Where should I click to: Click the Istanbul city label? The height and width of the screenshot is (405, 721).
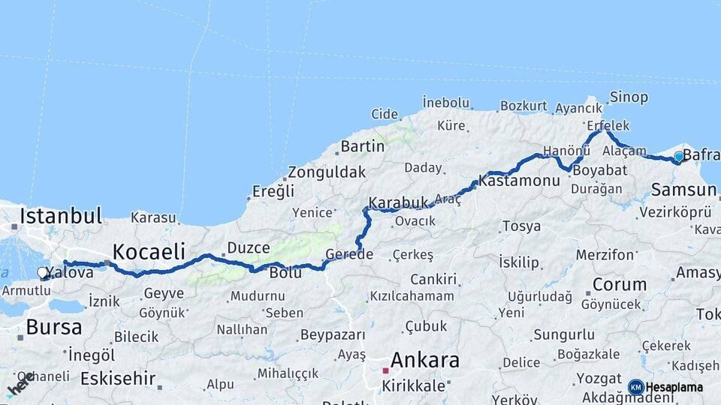coord(61,216)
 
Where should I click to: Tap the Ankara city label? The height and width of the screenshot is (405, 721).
coord(424,360)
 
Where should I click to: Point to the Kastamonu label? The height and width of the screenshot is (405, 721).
coord(519,181)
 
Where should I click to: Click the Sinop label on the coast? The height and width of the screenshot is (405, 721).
coord(628,97)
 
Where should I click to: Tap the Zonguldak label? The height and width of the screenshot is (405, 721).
coord(327,172)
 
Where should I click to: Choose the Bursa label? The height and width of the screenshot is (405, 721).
coord(53,327)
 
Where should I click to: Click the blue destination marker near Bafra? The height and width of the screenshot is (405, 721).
coord(679,157)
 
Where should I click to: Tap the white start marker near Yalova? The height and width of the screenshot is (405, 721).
coord(43,274)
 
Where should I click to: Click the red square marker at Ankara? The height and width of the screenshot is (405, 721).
coord(385,370)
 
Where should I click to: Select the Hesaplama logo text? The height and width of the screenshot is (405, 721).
coord(674,387)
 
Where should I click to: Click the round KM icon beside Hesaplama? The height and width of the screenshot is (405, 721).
coord(635,387)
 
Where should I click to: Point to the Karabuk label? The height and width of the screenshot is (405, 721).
coord(398,202)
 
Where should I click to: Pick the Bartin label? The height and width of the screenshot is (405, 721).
coord(363,145)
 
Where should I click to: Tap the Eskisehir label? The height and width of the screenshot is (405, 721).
coord(118,378)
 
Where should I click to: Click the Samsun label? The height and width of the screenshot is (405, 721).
coord(684,189)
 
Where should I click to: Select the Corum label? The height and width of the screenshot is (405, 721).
coord(619,284)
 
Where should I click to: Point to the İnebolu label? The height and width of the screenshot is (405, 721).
coord(446,102)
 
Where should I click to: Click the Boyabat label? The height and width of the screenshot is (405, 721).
coord(599,170)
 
